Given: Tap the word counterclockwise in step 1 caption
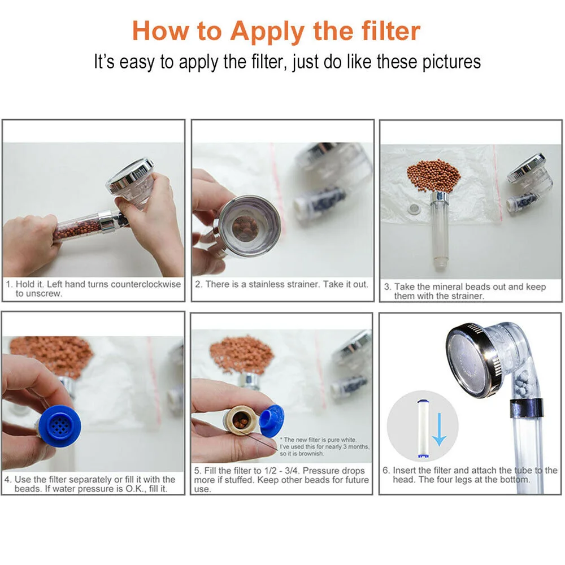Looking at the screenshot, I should click(146, 284).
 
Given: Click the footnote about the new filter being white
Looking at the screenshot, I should click(324, 446).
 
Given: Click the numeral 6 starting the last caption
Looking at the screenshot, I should click(386, 470).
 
